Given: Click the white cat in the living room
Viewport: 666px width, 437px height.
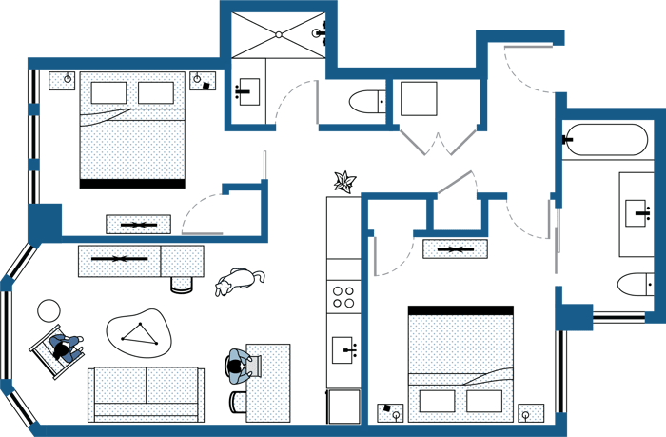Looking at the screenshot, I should click(x=237, y=282).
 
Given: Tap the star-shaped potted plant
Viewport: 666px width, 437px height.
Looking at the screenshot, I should click(x=343, y=180).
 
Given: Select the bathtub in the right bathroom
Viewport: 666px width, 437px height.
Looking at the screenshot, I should click(x=606, y=139).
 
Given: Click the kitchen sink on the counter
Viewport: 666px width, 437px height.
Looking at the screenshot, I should click(x=343, y=348).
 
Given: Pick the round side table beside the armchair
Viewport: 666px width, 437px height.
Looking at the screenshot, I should click(x=49, y=310).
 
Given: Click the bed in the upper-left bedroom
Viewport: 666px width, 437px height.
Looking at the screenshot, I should click(x=131, y=129).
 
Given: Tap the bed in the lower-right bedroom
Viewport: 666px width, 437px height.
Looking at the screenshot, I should click(x=460, y=362).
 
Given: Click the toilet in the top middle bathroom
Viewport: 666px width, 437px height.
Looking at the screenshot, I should click(x=365, y=100).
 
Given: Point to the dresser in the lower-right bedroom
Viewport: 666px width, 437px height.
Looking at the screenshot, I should click(x=455, y=249).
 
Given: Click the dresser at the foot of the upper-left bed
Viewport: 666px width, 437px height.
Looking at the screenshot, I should click(x=138, y=225).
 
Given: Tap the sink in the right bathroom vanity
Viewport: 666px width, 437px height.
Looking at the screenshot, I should click(x=636, y=213).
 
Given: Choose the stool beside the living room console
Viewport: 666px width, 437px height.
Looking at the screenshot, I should click(x=182, y=283).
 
